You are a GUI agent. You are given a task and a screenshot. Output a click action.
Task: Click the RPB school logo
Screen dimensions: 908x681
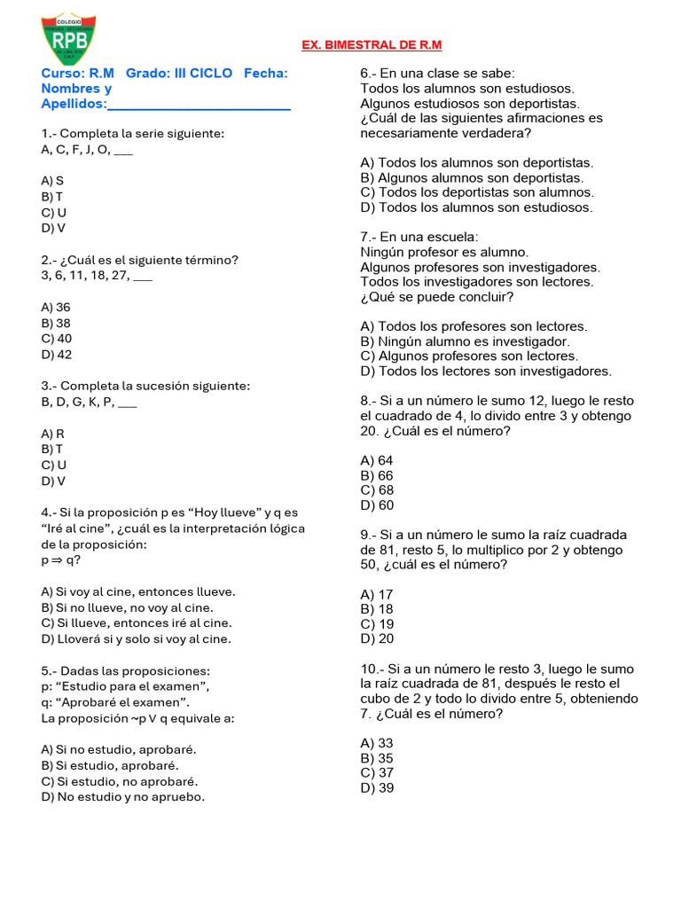click(68, 40)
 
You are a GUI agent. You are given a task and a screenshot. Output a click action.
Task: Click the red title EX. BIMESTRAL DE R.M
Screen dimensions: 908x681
click(372, 45)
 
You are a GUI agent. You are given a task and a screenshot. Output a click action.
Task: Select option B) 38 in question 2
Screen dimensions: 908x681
click(56, 323)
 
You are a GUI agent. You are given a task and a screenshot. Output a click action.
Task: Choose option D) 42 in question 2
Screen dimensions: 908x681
click(57, 355)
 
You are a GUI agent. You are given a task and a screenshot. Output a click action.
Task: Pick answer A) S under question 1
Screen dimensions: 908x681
click(52, 180)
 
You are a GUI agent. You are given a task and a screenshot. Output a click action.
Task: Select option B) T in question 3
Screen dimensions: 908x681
click(52, 449)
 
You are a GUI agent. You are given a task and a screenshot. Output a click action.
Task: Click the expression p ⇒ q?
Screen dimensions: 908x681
click(60, 560)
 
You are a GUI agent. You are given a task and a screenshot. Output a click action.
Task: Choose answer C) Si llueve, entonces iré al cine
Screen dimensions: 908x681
click(136, 622)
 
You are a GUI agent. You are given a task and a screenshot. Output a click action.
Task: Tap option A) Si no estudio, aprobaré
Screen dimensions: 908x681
click(119, 749)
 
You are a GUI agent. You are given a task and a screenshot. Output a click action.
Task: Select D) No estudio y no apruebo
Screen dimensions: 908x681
click(122, 797)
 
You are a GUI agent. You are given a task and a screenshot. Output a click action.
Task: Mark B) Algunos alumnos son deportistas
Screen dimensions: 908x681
click(472, 177)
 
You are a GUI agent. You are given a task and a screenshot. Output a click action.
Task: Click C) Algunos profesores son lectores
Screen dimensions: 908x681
click(468, 356)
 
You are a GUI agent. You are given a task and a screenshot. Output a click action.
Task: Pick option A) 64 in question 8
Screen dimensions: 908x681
click(376, 460)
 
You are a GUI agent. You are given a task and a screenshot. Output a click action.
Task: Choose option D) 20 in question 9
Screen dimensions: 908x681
click(377, 638)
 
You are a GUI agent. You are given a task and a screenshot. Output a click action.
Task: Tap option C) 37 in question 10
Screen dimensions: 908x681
click(377, 772)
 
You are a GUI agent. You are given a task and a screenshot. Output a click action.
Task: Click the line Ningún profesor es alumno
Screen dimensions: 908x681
click(444, 252)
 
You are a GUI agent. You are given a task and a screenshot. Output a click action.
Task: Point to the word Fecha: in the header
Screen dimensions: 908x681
click(265, 73)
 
